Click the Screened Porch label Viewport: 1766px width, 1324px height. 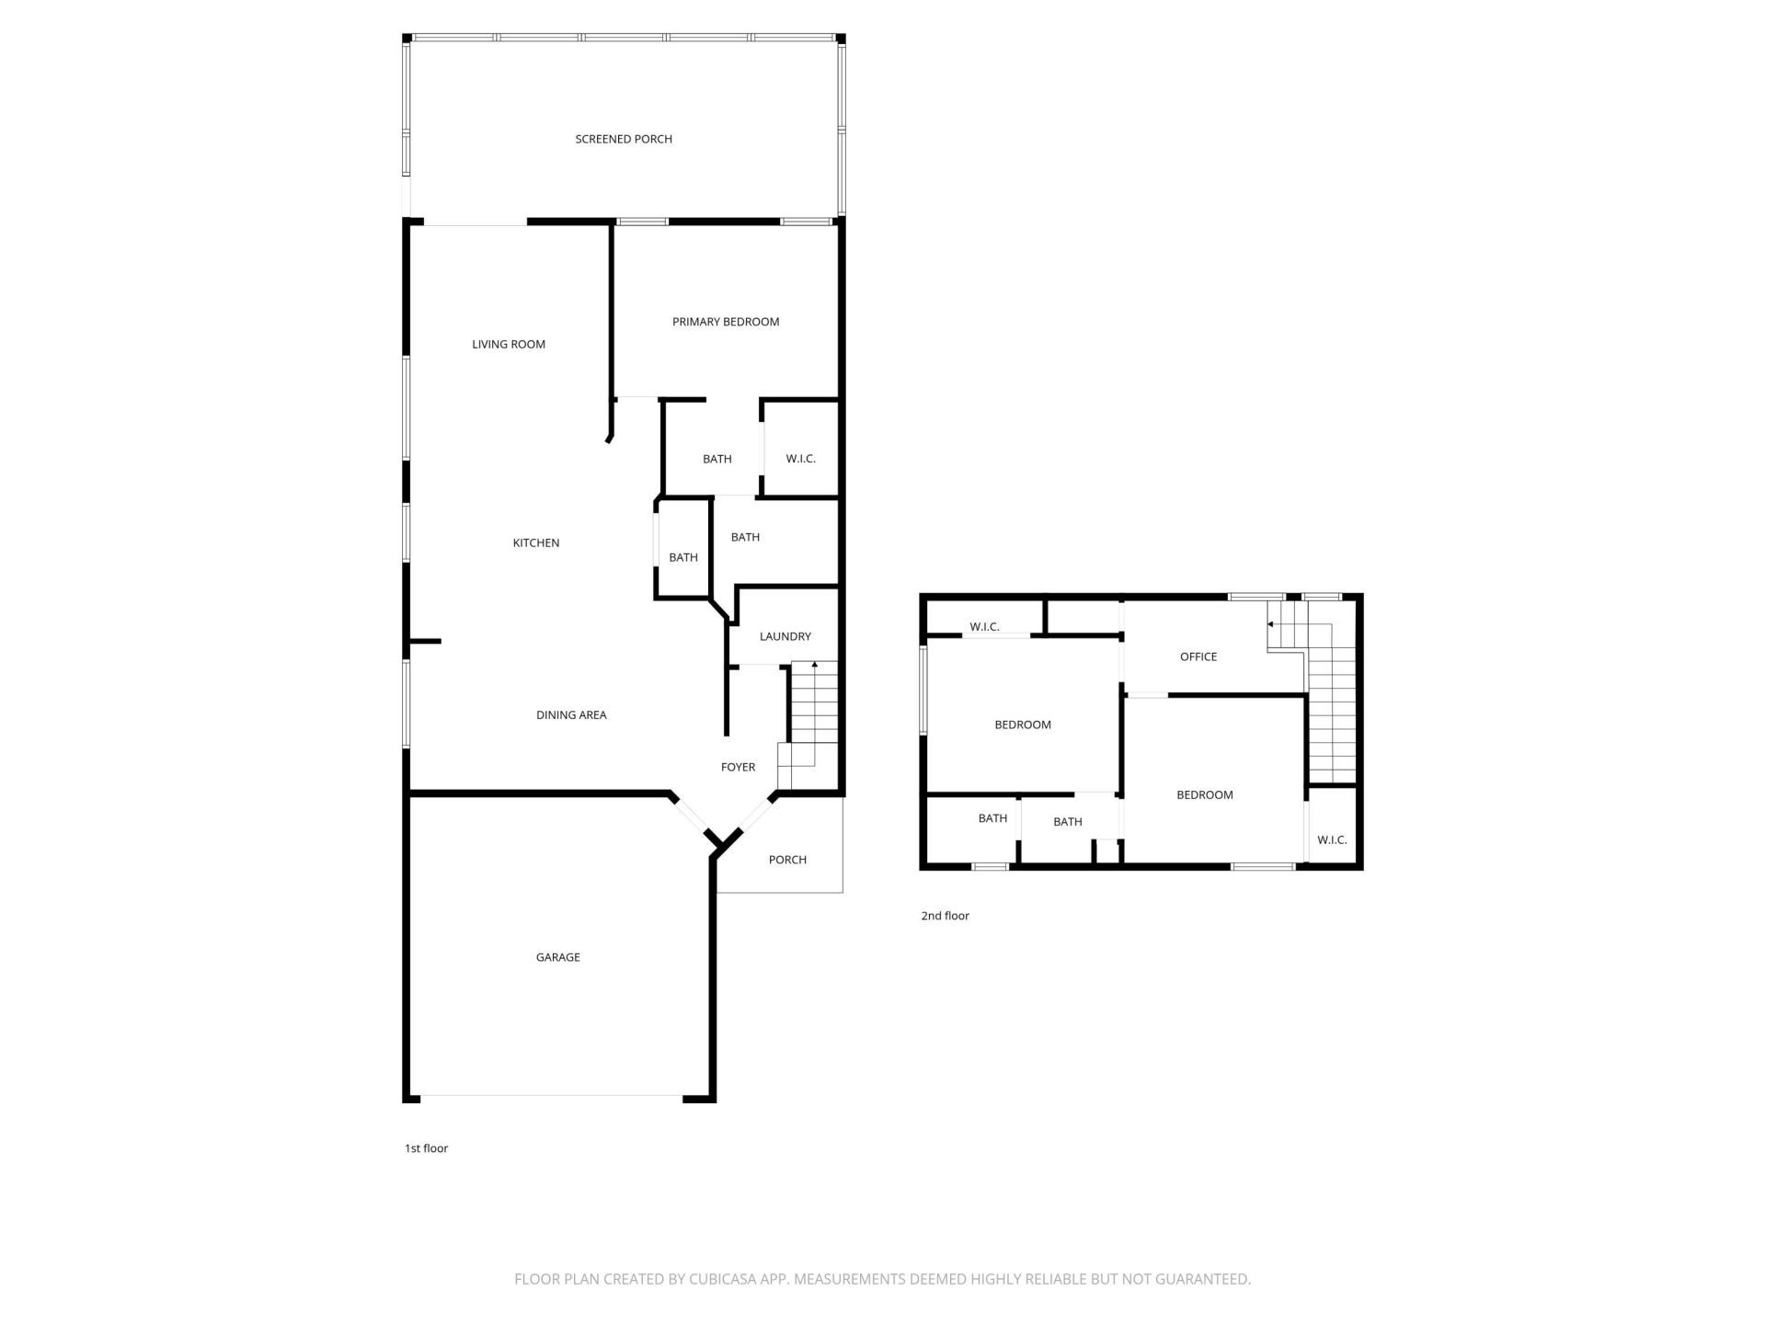click(624, 139)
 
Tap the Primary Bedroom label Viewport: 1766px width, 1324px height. click(726, 322)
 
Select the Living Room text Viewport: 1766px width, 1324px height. click(509, 344)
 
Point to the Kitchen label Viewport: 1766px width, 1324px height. click(535, 542)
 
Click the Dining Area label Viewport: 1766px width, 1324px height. click(571, 714)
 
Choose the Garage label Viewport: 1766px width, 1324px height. click(557, 957)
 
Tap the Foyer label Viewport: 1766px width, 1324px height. click(738, 767)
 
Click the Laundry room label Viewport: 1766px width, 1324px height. click(785, 636)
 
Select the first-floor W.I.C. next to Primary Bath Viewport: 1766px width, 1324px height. click(800, 459)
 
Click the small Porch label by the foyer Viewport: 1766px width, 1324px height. click(787, 860)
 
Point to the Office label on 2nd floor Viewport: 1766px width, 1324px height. click(1198, 656)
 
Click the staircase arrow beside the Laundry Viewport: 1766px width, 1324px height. click(814, 665)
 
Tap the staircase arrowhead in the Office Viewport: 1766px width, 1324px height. click(1270, 624)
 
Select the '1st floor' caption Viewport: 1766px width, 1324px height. click(426, 1148)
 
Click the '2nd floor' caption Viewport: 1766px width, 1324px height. click(945, 916)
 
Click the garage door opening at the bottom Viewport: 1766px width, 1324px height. click(552, 1095)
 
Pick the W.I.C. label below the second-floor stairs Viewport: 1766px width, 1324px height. click(1331, 839)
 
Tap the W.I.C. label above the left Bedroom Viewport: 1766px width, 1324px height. click(984, 627)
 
